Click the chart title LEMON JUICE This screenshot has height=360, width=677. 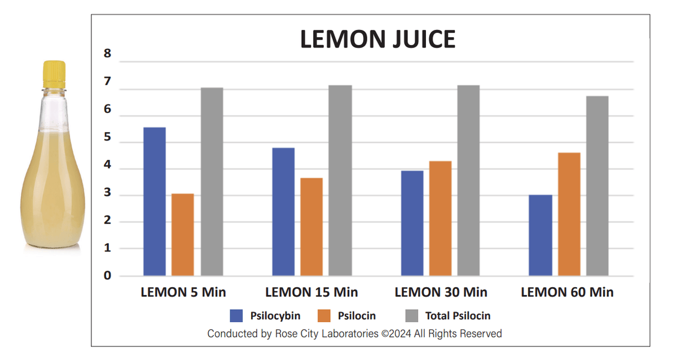[x=377, y=39]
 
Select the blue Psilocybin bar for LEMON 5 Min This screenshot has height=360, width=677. [x=155, y=201]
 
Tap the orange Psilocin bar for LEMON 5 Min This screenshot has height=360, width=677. [x=183, y=235]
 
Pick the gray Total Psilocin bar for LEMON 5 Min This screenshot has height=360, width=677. [x=212, y=182]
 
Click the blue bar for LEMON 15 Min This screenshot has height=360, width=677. [x=283, y=212]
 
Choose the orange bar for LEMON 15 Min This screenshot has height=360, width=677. [x=311, y=227]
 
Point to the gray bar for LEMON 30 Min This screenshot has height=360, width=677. [x=468, y=181]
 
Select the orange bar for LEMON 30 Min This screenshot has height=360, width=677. [x=440, y=218]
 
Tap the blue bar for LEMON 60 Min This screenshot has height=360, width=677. [x=540, y=235]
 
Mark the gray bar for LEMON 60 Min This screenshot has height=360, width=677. [x=597, y=186]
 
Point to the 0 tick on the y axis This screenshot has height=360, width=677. [x=107, y=276]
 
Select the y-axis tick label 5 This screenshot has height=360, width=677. [x=107, y=139]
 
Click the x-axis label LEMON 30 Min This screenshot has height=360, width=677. [x=441, y=292]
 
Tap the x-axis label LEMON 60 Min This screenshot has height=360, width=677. [x=567, y=292]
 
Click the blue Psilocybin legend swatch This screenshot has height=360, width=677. [x=236, y=316]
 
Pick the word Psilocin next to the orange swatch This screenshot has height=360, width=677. [x=357, y=316]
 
